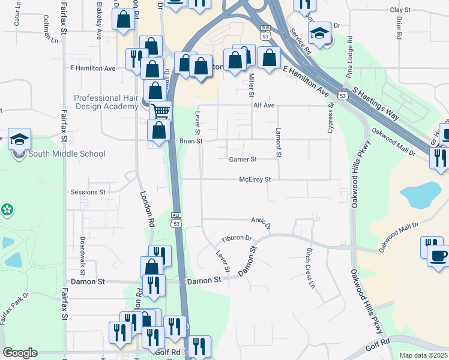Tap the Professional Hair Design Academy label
click(x=106, y=103)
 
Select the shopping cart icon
click(x=160, y=110)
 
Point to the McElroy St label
click(x=255, y=179)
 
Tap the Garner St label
click(x=243, y=160)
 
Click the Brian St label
click(x=191, y=141)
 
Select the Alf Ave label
click(x=264, y=106)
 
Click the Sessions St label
click(x=88, y=193)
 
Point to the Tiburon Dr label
click(x=237, y=238)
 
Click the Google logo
click(x=20, y=353)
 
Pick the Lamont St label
click(x=279, y=143)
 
